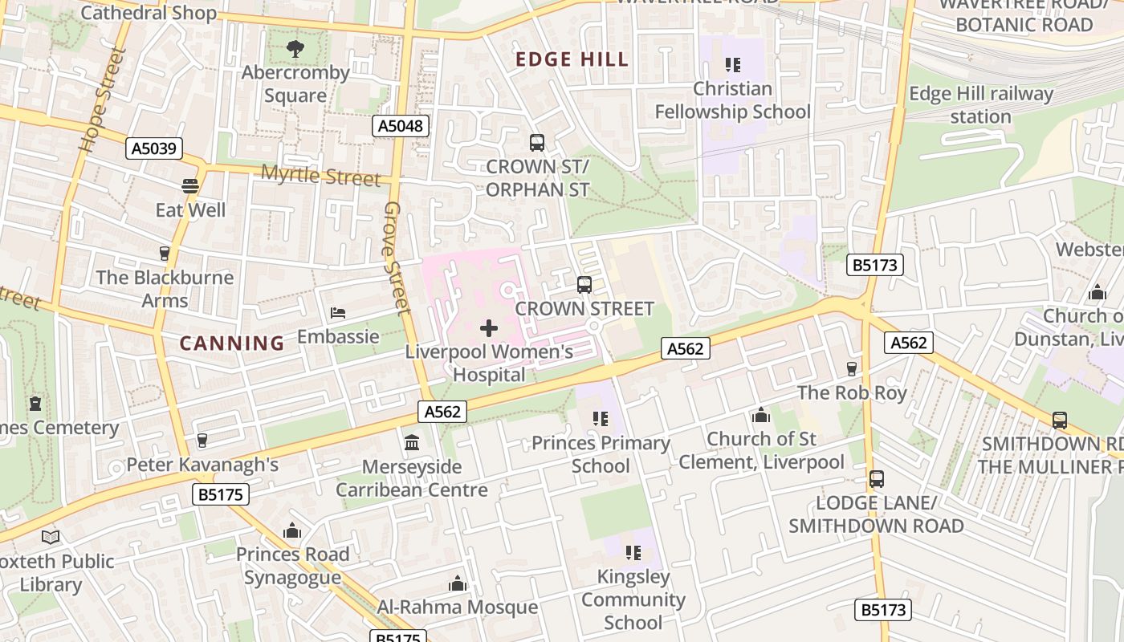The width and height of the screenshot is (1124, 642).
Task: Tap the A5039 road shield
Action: pyautogui.click(x=154, y=148)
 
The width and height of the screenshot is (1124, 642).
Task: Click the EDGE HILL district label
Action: pyautogui.click(x=572, y=59)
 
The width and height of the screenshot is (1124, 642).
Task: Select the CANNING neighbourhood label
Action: pyautogui.click(x=232, y=343)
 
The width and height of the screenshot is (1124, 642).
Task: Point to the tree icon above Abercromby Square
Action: pyautogui.click(x=295, y=49)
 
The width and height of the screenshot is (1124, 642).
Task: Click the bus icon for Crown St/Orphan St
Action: pyautogui.click(x=537, y=143)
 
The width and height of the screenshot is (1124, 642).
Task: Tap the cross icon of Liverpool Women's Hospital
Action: pyautogui.click(x=488, y=327)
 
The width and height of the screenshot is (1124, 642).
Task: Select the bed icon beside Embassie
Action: pyautogui.click(x=338, y=312)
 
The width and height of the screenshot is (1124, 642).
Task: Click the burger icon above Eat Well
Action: pyautogui.click(x=190, y=186)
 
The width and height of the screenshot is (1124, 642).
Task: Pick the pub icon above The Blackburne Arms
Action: pyautogui.click(x=165, y=254)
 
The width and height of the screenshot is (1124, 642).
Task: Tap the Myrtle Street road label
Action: pyautogui.click(x=320, y=175)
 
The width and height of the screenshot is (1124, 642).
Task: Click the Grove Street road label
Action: pyautogui.click(x=397, y=257)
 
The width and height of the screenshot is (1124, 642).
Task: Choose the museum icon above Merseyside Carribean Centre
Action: pyautogui.click(x=412, y=442)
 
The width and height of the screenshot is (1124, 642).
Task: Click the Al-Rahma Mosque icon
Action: pyautogui.click(x=458, y=583)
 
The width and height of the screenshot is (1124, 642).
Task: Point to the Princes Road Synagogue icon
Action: pyautogui.click(x=292, y=530)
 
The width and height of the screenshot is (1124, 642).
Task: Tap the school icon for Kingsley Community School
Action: pyautogui.click(x=633, y=553)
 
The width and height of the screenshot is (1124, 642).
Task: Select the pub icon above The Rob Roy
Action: pyautogui.click(x=852, y=368)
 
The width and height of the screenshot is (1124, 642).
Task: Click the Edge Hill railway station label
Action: pyautogui.click(x=980, y=105)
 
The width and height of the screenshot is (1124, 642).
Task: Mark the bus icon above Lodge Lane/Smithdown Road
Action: pyautogui.click(x=876, y=479)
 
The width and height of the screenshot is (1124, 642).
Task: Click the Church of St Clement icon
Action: pyautogui.click(x=760, y=415)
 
